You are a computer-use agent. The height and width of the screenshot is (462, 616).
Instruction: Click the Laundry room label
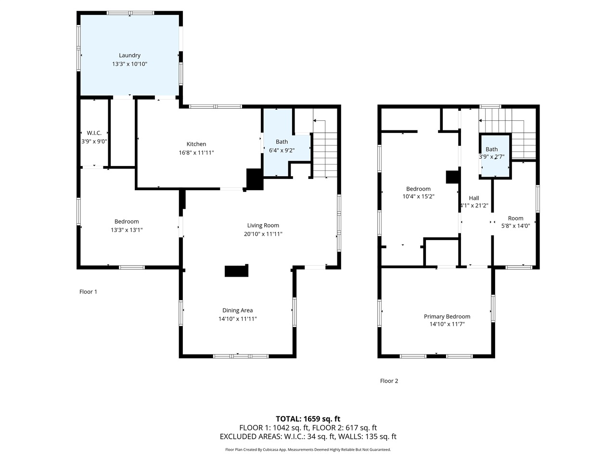click(x=129, y=55)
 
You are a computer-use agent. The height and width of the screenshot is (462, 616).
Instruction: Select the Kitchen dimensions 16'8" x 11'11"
click(x=196, y=153)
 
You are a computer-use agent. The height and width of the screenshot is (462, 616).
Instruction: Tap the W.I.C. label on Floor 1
click(x=94, y=133)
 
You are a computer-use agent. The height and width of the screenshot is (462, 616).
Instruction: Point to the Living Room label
click(x=263, y=225)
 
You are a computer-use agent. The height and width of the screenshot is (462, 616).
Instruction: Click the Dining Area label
click(x=237, y=310)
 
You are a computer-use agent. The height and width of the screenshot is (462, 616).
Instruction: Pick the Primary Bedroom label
click(x=447, y=316)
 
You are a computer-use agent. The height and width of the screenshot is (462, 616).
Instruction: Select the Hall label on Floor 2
click(x=474, y=198)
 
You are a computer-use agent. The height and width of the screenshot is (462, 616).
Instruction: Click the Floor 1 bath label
click(x=282, y=141)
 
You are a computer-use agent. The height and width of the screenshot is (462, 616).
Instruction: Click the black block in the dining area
click(x=236, y=271)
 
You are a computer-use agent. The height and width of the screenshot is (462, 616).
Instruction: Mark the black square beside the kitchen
click(x=255, y=179)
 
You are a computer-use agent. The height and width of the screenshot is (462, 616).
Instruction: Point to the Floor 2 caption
click(x=389, y=381)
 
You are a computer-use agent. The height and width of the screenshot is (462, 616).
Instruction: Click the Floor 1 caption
click(x=88, y=292)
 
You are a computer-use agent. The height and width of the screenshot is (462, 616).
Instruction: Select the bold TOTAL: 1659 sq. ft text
click(x=308, y=419)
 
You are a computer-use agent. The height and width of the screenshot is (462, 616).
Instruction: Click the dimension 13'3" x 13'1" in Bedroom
click(x=127, y=230)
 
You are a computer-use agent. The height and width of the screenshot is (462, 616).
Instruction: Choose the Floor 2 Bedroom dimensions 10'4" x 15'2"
click(x=418, y=196)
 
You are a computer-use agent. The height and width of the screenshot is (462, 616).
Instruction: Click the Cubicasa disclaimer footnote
click(x=308, y=449)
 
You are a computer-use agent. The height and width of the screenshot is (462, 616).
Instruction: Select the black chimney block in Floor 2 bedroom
click(x=452, y=177)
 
